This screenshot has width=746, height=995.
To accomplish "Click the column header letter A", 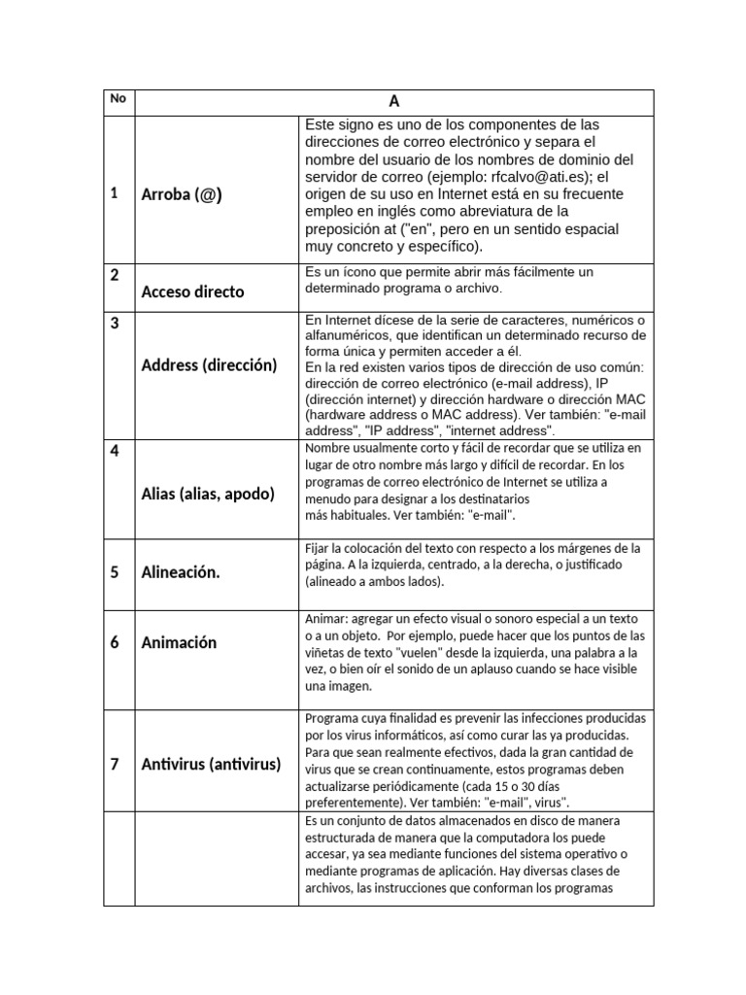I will tap(394, 101).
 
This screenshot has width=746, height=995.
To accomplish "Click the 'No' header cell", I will tap(118, 98).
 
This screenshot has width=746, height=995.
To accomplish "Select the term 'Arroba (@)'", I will tap(182, 194).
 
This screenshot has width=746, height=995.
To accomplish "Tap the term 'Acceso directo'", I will tap(192, 292).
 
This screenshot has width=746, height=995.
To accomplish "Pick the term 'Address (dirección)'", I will tap(209, 365).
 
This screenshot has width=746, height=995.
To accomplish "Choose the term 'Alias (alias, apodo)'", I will tap(208, 494).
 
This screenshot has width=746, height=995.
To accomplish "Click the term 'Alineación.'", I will tap(181, 572).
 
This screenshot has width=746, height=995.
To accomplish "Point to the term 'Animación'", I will tap(179, 642).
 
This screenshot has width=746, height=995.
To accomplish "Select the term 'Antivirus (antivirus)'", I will tap(211, 764).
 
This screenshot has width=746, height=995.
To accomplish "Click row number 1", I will tap(114, 193).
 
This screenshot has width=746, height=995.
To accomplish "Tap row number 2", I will tap(114, 275).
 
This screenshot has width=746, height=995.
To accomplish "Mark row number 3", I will tap(114, 324).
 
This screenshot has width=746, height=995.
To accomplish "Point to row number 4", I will tap(114, 453).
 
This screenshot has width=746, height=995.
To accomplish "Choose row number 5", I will tap(114, 572).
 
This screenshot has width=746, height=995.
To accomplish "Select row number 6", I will tap(114, 642).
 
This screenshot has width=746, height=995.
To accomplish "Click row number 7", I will tap(114, 764).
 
